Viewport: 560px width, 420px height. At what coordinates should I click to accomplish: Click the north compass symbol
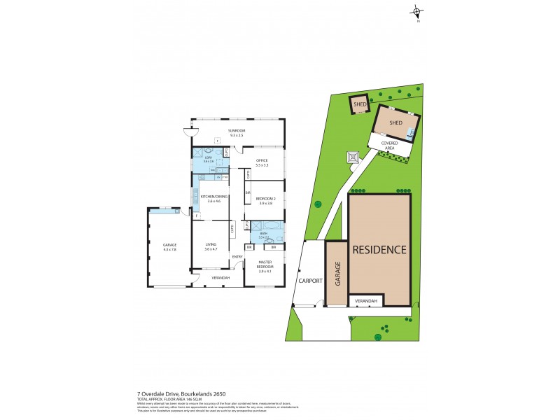coord(418,12)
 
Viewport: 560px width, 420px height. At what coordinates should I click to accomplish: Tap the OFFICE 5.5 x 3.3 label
coord(262,163)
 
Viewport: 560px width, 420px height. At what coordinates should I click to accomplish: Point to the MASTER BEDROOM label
coord(264,265)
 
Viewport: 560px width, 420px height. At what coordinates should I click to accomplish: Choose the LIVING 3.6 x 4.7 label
coord(211,246)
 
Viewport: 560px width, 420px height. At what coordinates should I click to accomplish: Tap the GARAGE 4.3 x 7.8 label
coord(169,246)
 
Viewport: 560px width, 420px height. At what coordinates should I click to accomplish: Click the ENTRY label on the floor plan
coord(237,256)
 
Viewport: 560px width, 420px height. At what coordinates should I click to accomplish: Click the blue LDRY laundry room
coord(208,160)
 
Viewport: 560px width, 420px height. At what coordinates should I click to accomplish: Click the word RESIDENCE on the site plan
coord(379,249)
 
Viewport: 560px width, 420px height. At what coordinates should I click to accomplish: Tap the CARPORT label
coord(309,280)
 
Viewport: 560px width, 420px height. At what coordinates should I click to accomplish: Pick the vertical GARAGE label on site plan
coord(337,272)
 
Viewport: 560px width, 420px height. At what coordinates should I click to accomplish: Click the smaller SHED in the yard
coord(360,104)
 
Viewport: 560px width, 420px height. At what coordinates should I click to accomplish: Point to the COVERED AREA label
coord(390,145)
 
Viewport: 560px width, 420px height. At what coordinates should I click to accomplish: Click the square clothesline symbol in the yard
coord(352,157)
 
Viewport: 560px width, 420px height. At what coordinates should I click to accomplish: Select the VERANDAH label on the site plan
coord(366,301)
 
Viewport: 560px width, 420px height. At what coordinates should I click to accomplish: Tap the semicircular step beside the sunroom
coord(187,130)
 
